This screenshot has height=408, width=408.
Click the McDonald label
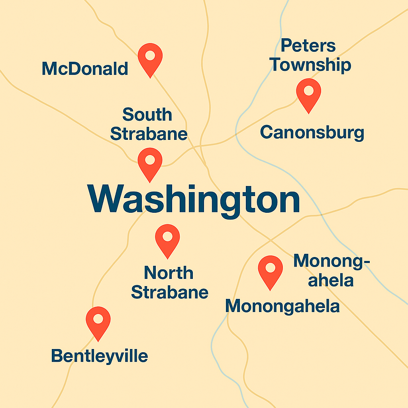(85, 69)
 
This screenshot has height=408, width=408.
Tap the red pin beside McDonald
(150, 58)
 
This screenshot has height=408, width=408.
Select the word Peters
(308, 46)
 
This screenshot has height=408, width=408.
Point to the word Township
(311, 65)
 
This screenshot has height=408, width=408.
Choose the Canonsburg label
(312, 133)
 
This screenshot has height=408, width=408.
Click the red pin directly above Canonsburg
(308, 93)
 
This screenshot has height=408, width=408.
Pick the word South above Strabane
(147, 115)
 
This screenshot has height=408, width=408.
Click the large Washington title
(194, 199)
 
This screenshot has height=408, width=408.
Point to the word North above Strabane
(169, 273)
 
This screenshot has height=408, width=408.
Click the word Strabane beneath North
(170, 292)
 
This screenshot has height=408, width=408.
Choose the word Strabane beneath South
(149, 134)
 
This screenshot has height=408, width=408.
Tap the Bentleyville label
(100, 356)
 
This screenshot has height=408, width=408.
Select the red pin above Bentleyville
(98, 321)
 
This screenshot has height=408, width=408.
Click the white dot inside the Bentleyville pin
(98, 319)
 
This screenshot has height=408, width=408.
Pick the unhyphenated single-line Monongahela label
(282, 307)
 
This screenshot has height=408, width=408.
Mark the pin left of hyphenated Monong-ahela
(271, 270)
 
